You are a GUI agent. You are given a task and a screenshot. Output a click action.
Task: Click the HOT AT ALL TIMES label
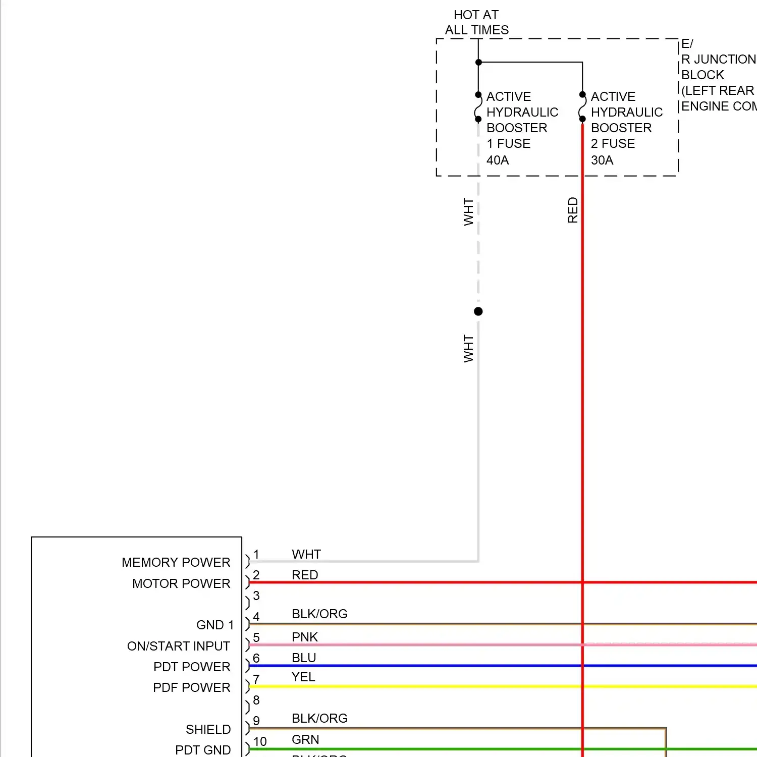tap(476, 23)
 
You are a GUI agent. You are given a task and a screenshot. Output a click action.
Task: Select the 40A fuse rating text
tap(497, 160)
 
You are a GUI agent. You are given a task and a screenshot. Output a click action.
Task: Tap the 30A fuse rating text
tap(602, 160)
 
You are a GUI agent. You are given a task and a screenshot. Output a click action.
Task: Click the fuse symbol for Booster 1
tap(478, 107)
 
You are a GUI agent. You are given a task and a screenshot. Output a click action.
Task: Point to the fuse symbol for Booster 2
tap(582, 107)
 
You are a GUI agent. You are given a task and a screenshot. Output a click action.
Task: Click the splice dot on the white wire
tap(478, 311)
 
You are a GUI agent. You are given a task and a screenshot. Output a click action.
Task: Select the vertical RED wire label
tap(572, 210)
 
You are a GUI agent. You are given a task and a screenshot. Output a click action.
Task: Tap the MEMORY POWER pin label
tap(176, 562)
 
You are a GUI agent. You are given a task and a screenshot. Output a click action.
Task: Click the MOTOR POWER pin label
tap(181, 583)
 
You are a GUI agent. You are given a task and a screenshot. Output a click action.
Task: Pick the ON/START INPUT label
tap(178, 646)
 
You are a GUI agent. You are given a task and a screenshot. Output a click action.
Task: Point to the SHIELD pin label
tap(208, 729)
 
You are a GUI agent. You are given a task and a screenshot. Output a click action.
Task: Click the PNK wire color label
tap(304, 637)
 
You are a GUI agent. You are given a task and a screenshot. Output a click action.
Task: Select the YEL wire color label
tap(303, 677)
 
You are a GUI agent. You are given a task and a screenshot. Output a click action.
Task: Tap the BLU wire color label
tap(303, 658)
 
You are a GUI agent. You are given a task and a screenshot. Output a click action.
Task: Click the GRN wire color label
tap(305, 739)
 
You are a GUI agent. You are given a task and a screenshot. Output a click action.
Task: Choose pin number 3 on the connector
tap(256, 596)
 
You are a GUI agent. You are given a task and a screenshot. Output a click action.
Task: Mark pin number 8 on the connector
tap(256, 700)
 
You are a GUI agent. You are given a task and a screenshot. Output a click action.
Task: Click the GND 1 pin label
tap(215, 625)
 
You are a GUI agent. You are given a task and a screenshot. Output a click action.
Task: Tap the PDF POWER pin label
tap(191, 687)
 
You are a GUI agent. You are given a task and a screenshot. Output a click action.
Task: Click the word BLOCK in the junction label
tap(702, 75)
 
